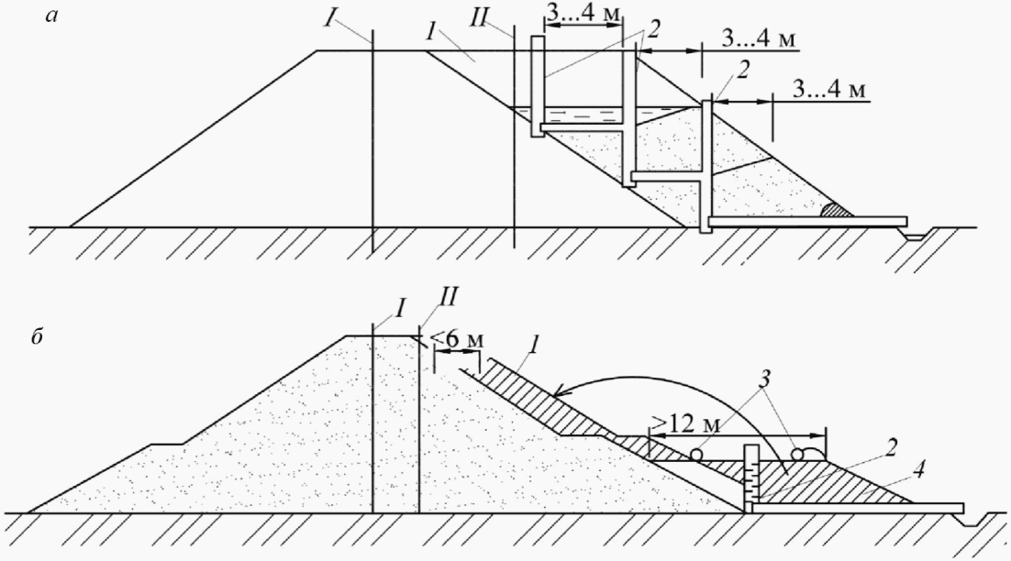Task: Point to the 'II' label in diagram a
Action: pos(499,18)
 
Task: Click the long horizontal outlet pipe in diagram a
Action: pos(807,221)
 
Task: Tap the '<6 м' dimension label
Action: pos(456,341)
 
